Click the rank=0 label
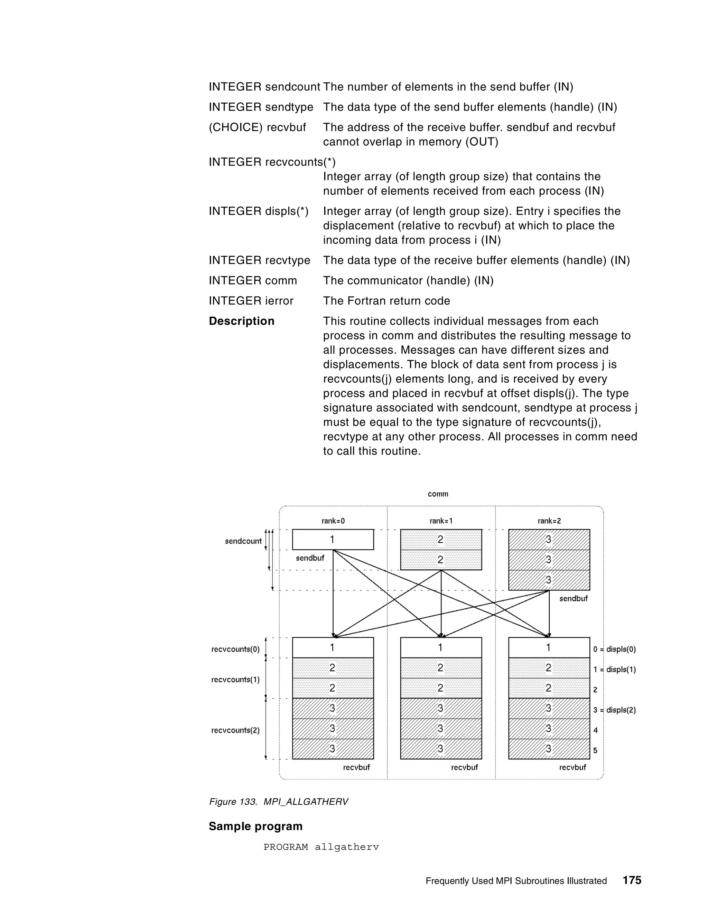(x=333, y=521)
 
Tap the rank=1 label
(x=441, y=521)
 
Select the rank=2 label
(x=549, y=521)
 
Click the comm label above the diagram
(x=438, y=494)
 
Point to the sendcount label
(x=243, y=541)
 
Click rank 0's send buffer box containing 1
(x=333, y=539)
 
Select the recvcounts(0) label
(x=235, y=649)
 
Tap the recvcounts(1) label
(x=235, y=680)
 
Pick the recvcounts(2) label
(x=235, y=730)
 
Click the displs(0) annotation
(x=615, y=649)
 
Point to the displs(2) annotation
(x=615, y=710)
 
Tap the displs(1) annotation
(x=615, y=670)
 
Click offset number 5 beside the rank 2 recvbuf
(x=596, y=750)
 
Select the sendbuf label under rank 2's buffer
(x=574, y=598)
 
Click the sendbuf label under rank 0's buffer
(x=310, y=558)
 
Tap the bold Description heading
(x=242, y=321)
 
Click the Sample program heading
(x=255, y=826)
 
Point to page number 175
(x=632, y=880)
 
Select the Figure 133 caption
(x=279, y=802)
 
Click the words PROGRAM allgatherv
(x=321, y=847)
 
